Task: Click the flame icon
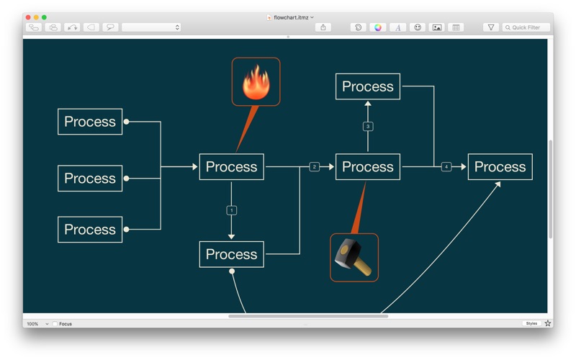tap(256, 82)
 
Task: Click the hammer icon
tap(354, 258)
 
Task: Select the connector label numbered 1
tap(231, 210)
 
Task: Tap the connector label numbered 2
tap(314, 167)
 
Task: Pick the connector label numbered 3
tap(368, 127)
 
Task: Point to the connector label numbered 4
tap(446, 167)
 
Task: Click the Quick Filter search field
tap(526, 27)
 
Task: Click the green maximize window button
tap(44, 17)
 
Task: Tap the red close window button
tap(28, 17)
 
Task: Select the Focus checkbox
tap(55, 323)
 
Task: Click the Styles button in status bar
tap(531, 323)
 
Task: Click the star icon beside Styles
tap(548, 323)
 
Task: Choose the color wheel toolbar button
tap(377, 27)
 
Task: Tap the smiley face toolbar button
tap(418, 27)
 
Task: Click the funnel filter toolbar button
tap(491, 27)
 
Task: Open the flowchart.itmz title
tap(290, 17)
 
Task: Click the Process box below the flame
tap(231, 167)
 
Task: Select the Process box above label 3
tap(368, 86)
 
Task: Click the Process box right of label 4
tap(500, 167)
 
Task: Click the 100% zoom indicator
tap(32, 323)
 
